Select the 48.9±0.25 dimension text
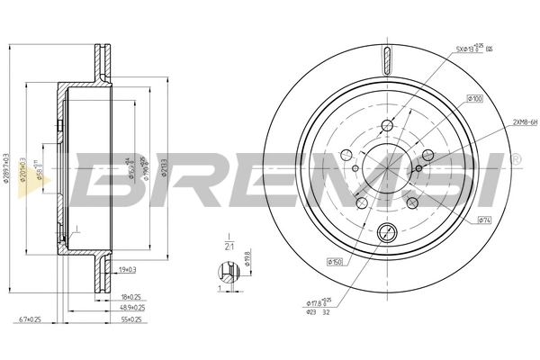132,308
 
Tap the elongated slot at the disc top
387,64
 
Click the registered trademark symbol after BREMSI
515,158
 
